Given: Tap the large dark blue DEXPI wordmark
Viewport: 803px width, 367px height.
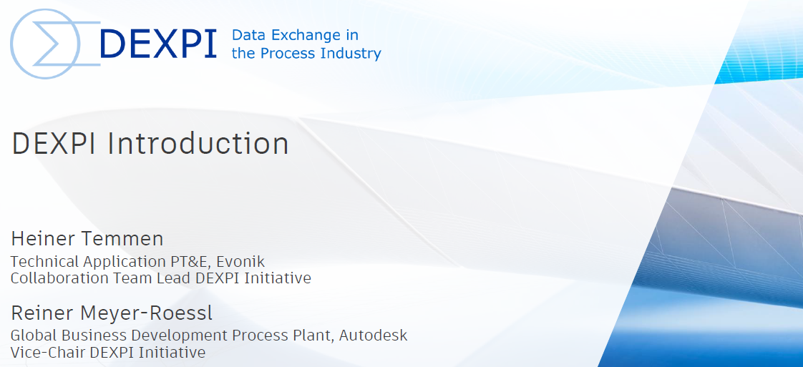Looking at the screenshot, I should click(x=158, y=44).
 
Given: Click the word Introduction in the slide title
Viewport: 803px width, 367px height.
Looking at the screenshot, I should click(x=198, y=144).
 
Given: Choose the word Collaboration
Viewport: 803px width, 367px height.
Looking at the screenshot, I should click(x=54, y=278).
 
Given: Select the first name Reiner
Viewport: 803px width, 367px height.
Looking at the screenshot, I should click(x=39, y=313).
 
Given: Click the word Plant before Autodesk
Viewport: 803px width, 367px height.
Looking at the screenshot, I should click(x=316, y=336).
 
